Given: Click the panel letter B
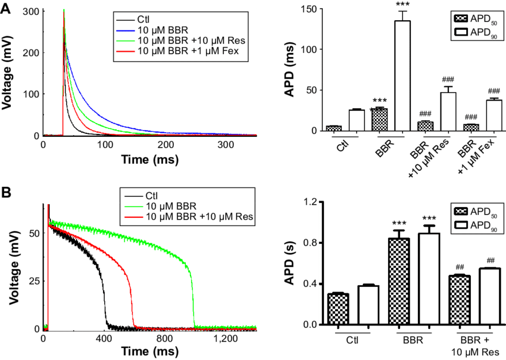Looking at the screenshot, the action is tap(6, 192).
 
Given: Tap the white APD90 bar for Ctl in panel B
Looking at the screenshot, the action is tap(368, 305).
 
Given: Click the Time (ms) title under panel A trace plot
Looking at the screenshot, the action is tap(150, 159).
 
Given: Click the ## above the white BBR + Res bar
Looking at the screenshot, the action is tap(491, 261).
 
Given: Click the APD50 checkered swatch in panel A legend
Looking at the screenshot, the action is tap(461, 18).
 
